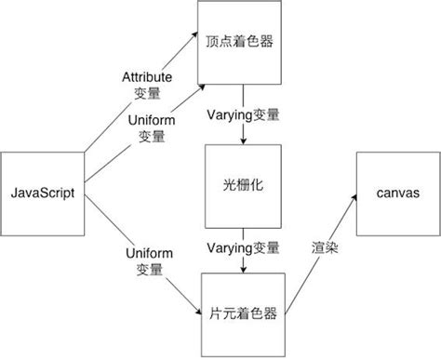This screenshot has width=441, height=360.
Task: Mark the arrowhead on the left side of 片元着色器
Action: click(x=196, y=312)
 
